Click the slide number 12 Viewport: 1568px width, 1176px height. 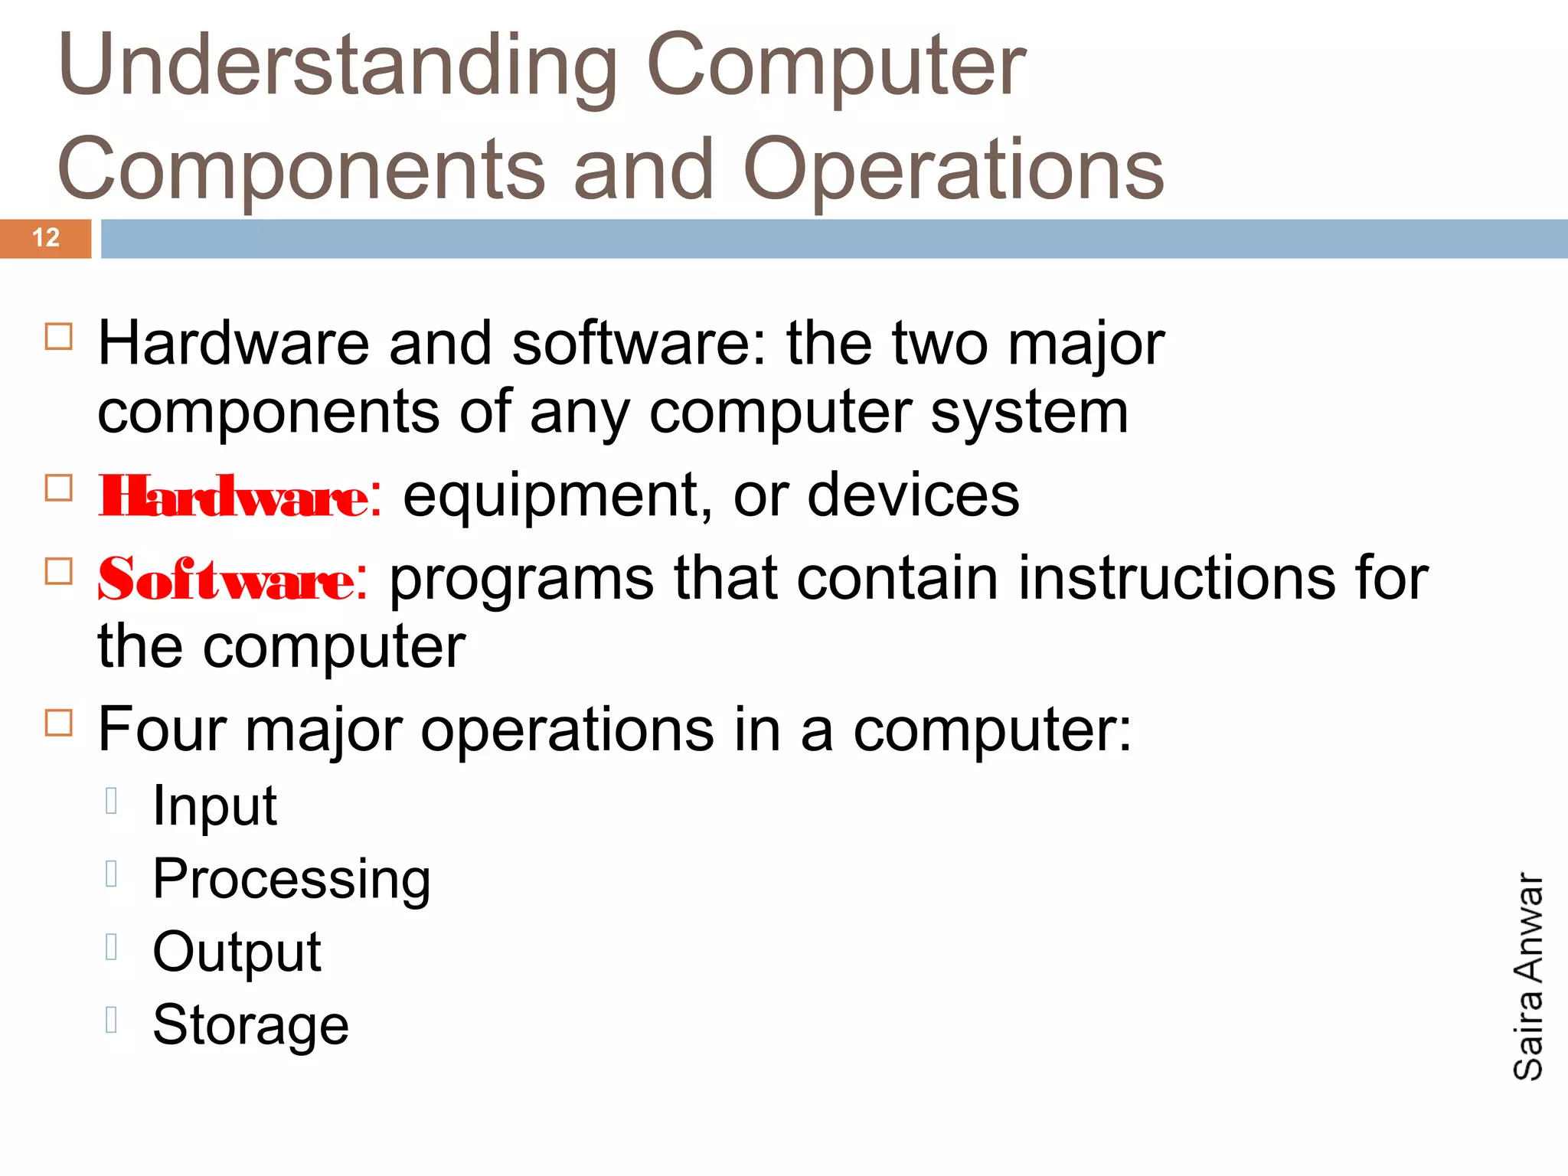pos(46,238)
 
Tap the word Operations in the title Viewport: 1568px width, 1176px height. pos(953,169)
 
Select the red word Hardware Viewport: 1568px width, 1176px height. pos(234,497)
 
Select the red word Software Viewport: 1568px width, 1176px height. pos(227,580)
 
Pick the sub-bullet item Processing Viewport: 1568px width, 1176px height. pos(292,879)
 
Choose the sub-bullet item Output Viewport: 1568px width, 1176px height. pos(237,952)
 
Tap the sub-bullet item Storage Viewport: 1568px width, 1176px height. pos(250,1024)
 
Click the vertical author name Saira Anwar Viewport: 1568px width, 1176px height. pos(1528,976)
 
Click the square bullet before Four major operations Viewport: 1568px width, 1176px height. pos(59,722)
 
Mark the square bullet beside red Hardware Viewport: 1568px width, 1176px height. pos(59,488)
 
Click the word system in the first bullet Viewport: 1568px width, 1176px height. pos(1029,413)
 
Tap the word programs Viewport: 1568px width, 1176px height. pos(521,580)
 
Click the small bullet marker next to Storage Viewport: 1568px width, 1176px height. pos(112,1019)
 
